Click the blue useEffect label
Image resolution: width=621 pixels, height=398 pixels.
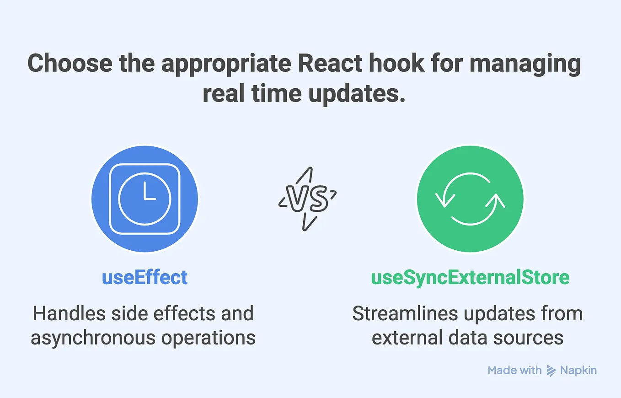coord(145,277)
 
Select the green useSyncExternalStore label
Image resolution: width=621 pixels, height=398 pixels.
coord(470,277)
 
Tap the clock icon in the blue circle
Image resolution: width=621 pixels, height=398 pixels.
coord(145,199)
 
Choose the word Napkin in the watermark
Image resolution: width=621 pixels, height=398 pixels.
coord(578,370)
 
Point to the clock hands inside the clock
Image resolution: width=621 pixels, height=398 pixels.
coord(148,194)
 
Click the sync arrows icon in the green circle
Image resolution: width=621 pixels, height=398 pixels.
coord(470,199)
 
